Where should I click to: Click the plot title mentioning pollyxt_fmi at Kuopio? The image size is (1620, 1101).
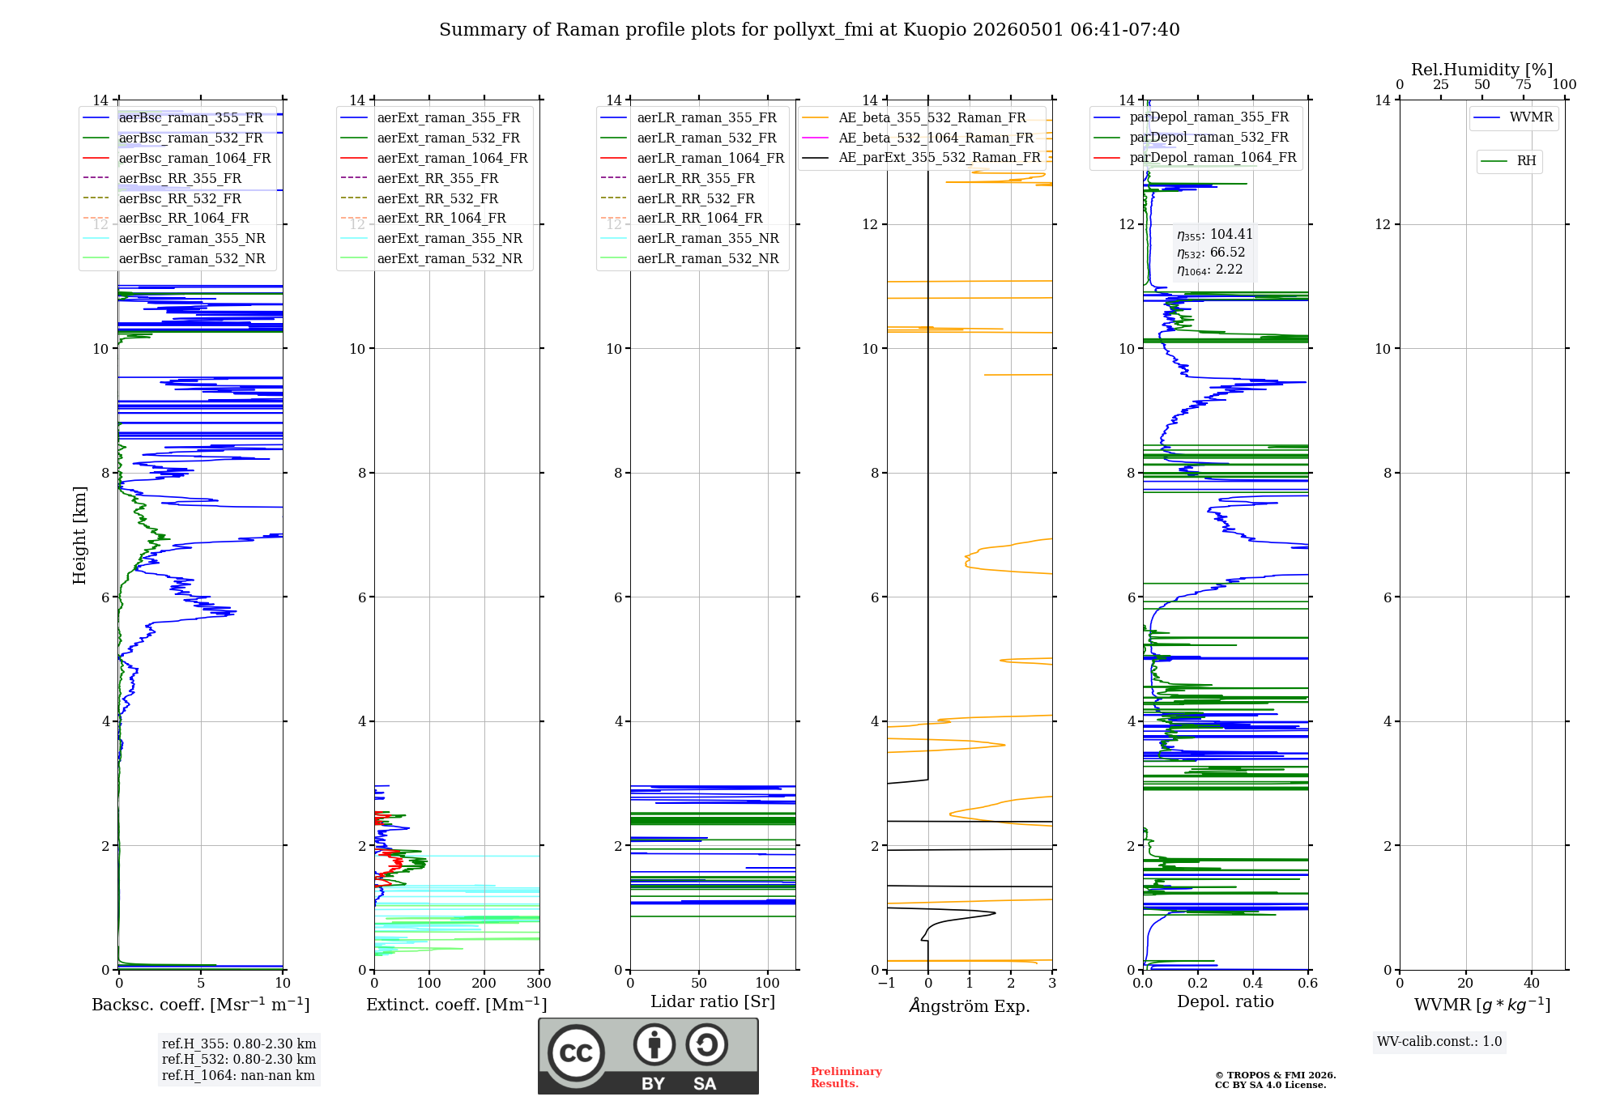point(809,30)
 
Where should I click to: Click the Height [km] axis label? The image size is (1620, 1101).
point(79,535)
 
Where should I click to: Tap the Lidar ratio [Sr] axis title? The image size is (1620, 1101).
point(713,1001)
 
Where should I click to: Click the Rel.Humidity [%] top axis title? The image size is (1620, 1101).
point(1482,70)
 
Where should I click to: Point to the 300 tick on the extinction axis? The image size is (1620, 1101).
point(539,983)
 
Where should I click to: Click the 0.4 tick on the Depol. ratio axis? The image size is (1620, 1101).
point(1253,983)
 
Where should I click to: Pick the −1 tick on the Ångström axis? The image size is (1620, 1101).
point(887,983)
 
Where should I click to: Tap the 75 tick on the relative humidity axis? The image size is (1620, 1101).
point(1524,84)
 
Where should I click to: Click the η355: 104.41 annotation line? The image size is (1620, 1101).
point(1215,235)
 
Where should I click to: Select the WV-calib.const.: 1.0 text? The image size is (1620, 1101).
point(1439,1042)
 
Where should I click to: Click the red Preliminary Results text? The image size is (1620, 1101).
point(846,1078)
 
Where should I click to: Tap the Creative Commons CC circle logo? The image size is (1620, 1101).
point(576,1053)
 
